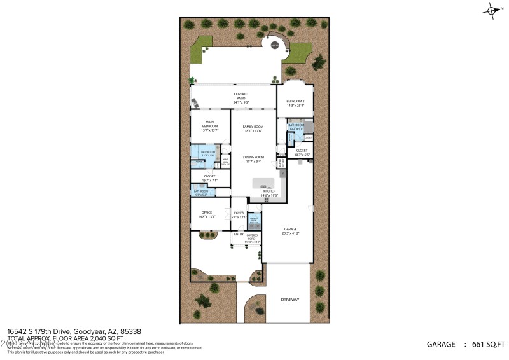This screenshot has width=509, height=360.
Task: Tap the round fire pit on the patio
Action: point(275,45)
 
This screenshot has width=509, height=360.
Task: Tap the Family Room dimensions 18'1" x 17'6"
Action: point(253,132)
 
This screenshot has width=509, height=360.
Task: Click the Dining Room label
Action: point(253,157)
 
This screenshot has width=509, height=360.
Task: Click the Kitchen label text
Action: point(270,191)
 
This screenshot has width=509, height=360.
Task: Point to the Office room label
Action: point(207,212)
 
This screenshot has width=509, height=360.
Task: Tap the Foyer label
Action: point(239,213)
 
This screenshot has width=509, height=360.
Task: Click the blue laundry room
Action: point(254,222)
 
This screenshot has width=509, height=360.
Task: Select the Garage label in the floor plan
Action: point(290,229)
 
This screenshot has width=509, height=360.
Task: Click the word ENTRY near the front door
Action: point(239,234)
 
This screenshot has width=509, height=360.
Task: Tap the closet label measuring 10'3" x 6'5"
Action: point(302,152)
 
